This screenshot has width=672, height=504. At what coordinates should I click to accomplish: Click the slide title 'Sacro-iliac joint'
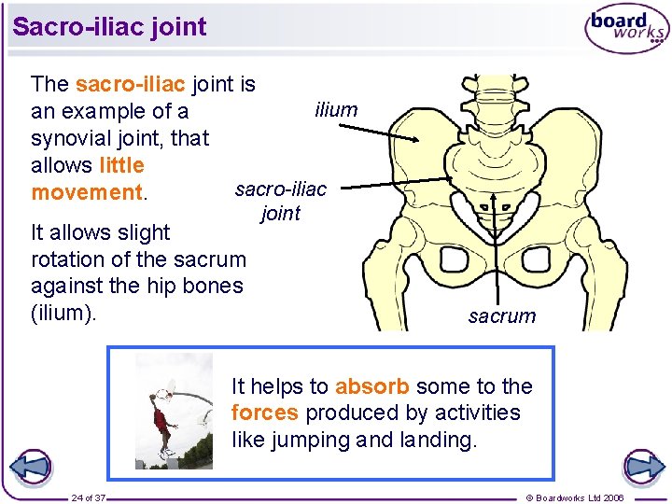pos(109,26)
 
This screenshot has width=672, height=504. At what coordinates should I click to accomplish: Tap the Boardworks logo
pos(626,29)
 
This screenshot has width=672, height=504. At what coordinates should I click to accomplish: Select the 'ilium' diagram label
pos(336,109)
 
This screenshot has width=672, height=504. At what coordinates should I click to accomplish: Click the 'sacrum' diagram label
pos(502,315)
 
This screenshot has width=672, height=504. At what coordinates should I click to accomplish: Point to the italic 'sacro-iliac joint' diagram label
pos(281,202)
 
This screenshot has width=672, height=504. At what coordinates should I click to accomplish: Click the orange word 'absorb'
pos(371,386)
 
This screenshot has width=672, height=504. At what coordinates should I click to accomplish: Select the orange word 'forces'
pos(265,413)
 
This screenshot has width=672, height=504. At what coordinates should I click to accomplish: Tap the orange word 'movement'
pos(86,192)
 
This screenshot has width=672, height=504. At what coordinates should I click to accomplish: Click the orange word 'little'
pos(121,165)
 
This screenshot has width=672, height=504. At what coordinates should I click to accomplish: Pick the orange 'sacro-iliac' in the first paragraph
pos(131,84)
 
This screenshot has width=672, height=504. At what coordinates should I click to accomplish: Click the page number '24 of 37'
pos(89,497)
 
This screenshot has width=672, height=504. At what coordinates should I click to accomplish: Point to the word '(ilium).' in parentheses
pos(63,313)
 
